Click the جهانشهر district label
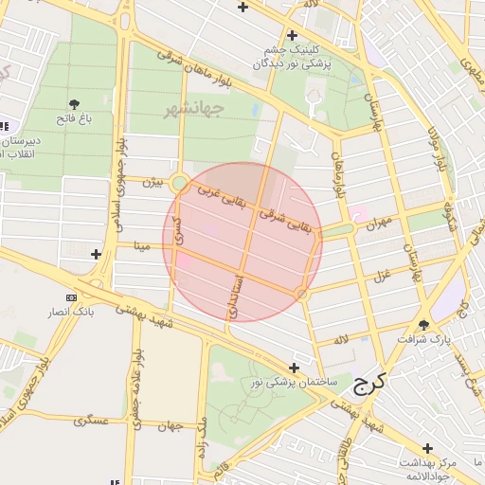[x=192, y=108]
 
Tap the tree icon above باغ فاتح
[x=75, y=103]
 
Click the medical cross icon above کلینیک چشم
[x=292, y=35]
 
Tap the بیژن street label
[x=153, y=182]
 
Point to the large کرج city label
[x=365, y=385]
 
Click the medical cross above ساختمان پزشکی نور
[x=295, y=368]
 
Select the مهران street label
[x=377, y=224]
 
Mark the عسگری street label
[x=93, y=420]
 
